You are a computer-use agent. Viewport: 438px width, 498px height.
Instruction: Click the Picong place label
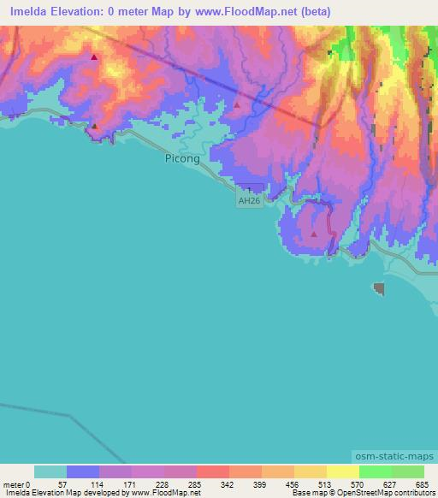pyautogui.click(x=182, y=158)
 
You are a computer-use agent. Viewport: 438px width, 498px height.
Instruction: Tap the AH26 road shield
pyautogui.click(x=248, y=200)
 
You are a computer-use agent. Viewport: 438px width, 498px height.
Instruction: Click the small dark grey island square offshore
pyautogui.click(x=379, y=288)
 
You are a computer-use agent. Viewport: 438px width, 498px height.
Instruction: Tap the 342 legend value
pyautogui.click(x=227, y=484)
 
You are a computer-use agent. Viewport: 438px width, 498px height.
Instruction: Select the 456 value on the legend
pyautogui.click(x=293, y=484)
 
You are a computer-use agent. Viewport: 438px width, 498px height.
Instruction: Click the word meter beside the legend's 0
pyautogui.click(x=12, y=484)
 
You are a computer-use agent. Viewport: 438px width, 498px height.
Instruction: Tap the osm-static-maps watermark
pyautogui.click(x=396, y=456)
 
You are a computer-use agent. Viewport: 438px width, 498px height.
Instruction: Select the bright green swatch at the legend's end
pyautogui.click(x=407, y=471)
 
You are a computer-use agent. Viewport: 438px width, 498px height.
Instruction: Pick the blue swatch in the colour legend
pyautogui.click(x=83, y=471)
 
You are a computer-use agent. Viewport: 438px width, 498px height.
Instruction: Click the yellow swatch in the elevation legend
pyautogui.click(x=342, y=471)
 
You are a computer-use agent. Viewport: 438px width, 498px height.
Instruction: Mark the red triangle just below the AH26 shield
pyautogui.click(x=314, y=233)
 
